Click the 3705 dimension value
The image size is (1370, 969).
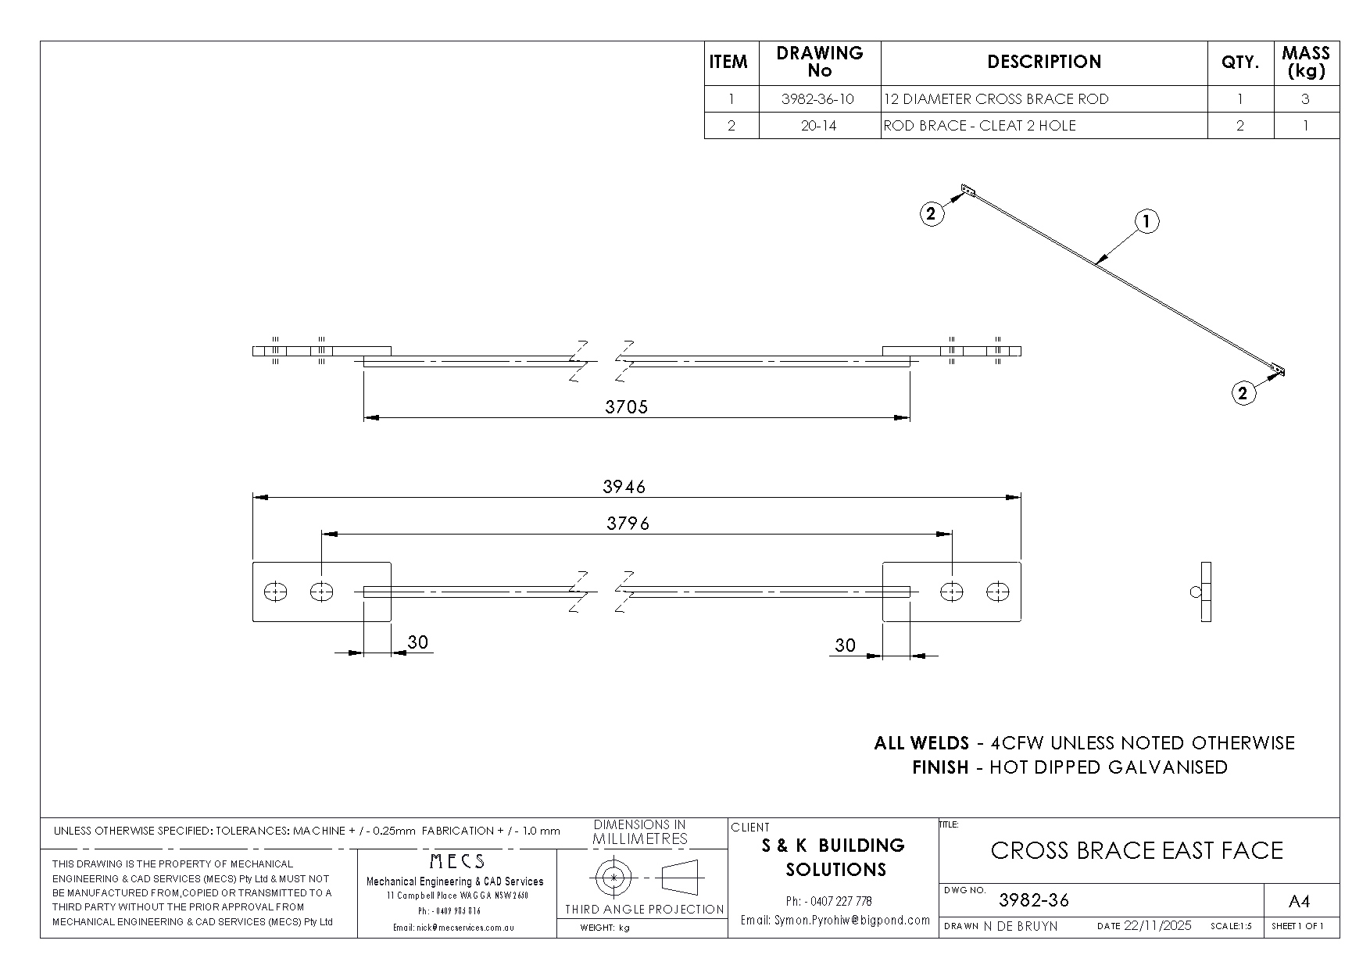(626, 406)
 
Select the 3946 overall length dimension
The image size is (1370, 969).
(624, 487)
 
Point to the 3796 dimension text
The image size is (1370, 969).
(628, 524)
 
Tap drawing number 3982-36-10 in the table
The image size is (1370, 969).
(818, 99)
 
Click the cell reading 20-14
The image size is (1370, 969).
(818, 126)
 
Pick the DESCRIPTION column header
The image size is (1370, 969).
(1044, 63)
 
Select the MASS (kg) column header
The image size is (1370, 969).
(1305, 63)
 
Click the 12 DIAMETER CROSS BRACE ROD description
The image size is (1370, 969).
(996, 99)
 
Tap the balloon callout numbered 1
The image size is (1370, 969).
(1146, 222)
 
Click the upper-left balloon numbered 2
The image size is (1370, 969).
(931, 213)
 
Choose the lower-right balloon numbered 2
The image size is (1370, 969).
(1243, 393)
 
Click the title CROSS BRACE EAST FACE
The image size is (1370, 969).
(1136, 850)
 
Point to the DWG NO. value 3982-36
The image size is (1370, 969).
(1034, 900)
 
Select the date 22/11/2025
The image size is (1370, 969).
(1157, 925)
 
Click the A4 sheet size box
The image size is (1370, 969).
(1298, 902)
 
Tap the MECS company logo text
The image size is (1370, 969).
(457, 862)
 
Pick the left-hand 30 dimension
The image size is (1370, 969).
(418, 642)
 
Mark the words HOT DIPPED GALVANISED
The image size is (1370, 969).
(1108, 767)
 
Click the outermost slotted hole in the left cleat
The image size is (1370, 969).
(275, 592)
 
